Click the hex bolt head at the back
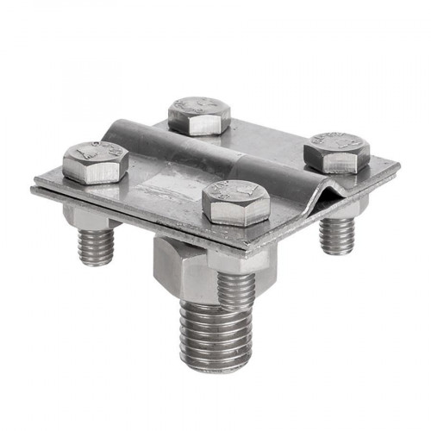200,115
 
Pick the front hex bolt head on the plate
235,203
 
